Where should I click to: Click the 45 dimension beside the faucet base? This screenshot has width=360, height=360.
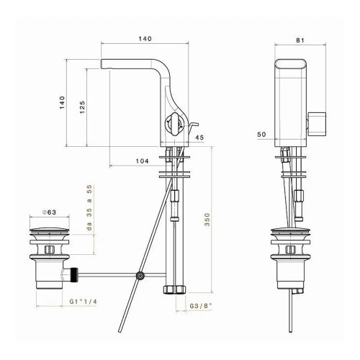[x=199, y=138]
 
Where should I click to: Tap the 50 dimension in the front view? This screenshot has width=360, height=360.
[x=261, y=135]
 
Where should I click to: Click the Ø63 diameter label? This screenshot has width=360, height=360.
[x=48, y=212]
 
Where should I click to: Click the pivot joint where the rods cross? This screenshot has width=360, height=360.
[x=141, y=275]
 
